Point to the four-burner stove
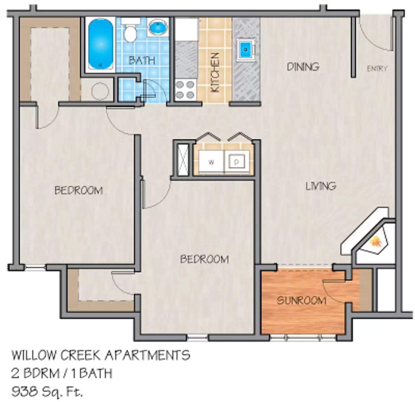[x=185, y=90]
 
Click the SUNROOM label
[x=301, y=301]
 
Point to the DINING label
[x=303, y=67]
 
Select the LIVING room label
[x=321, y=186]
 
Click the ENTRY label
[x=377, y=69]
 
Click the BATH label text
[x=142, y=61]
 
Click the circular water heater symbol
[x=100, y=91]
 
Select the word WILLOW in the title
[x=34, y=355]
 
